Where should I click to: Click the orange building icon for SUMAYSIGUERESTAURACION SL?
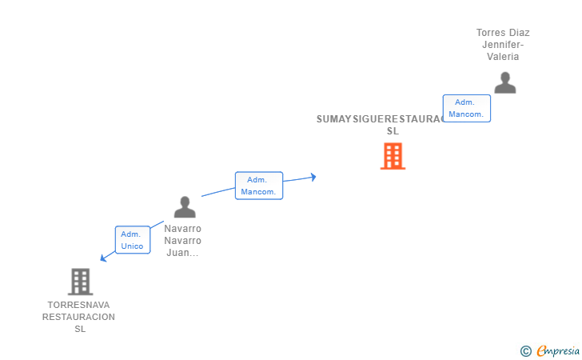click(x=393, y=156)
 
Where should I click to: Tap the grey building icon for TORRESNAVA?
click(x=80, y=282)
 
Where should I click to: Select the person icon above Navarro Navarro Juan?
click(x=185, y=207)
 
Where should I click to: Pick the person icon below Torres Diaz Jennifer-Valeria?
click(x=504, y=82)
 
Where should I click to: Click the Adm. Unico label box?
click(x=132, y=240)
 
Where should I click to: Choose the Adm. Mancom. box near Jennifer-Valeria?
click(x=466, y=108)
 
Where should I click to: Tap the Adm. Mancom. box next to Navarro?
click(x=258, y=186)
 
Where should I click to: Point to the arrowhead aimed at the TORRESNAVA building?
click(x=102, y=258)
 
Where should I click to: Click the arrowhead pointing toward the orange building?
click(x=313, y=177)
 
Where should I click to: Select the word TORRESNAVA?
click(x=78, y=305)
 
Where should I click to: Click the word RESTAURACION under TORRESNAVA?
click(x=78, y=317)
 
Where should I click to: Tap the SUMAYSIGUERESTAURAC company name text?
click(x=380, y=119)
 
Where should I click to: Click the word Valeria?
click(x=503, y=57)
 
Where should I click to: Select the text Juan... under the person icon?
click(x=182, y=253)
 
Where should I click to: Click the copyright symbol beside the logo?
click(x=525, y=350)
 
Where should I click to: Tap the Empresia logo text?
click(x=559, y=350)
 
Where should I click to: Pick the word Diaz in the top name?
click(x=520, y=33)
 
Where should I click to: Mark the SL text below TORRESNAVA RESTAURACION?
click(x=79, y=329)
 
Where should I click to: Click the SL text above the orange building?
click(x=392, y=131)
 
